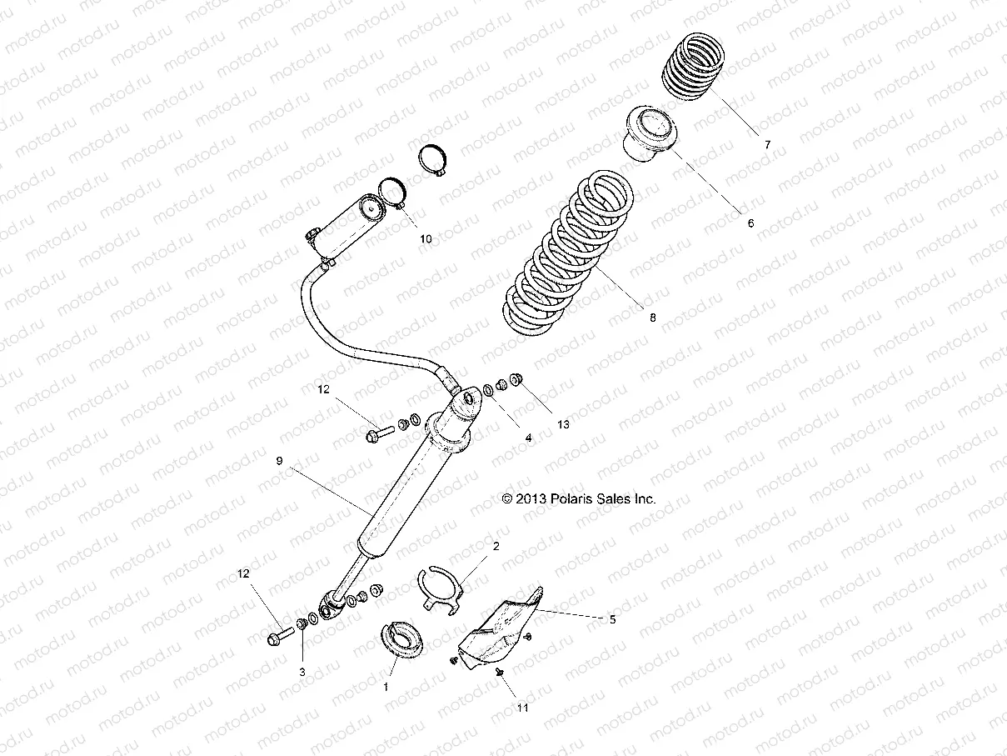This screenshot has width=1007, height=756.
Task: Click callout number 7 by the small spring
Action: click(x=767, y=144)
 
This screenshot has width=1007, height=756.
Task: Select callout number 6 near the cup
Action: click(x=750, y=223)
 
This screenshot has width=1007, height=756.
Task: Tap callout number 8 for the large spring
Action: click(x=653, y=318)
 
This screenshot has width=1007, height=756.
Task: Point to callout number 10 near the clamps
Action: click(x=426, y=238)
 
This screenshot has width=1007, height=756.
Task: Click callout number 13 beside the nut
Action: click(x=564, y=424)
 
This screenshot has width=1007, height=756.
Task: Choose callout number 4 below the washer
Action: click(x=527, y=438)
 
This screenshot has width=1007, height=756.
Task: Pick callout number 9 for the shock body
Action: click(x=280, y=460)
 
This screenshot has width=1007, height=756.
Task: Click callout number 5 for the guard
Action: click(x=613, y=619)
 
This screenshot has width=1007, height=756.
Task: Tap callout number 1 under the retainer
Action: click(x=386, y=687)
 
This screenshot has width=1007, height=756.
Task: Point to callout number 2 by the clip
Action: click(x=496, y=547)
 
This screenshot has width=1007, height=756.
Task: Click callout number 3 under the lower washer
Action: click(x=302, y=671)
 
